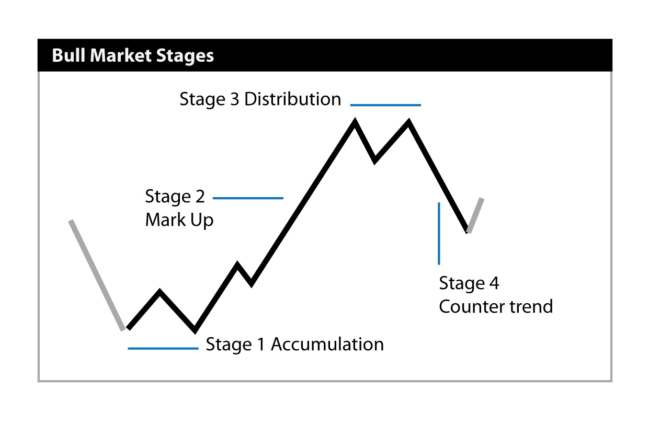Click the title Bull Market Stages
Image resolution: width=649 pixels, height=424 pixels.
click(133, 55)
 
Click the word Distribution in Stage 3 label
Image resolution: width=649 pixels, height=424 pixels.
click(293, 99)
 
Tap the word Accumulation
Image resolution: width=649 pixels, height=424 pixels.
click(327, 344)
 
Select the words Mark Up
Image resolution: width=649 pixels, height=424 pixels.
click(179, 220)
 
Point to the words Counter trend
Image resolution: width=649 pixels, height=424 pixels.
click(496, 306)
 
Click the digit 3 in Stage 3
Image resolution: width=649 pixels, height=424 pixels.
click(234, 99)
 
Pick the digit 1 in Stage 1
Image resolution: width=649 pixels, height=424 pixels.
click(261, 344)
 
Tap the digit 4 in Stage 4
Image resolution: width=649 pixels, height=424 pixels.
click(494, 283)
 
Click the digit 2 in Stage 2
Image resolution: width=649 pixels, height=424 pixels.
click(200, 197)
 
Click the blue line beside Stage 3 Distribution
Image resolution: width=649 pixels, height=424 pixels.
click(385, 105)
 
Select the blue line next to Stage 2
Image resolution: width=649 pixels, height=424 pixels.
click(248, 198)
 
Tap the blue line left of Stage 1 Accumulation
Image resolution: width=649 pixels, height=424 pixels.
click(163, 348)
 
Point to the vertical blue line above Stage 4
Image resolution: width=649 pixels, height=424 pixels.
click(439, 233)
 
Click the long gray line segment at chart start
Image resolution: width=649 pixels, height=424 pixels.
click(97, 275)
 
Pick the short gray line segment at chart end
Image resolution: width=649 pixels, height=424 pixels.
click(475, 215)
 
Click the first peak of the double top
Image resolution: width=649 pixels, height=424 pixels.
click(355, 122)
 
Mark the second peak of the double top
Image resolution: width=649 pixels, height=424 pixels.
click(408, 122)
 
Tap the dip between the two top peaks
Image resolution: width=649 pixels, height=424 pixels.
click(374, 161)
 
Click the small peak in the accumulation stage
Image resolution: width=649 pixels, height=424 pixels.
click(160, 291)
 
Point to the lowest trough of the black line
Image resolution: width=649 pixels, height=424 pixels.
click(195, 330)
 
